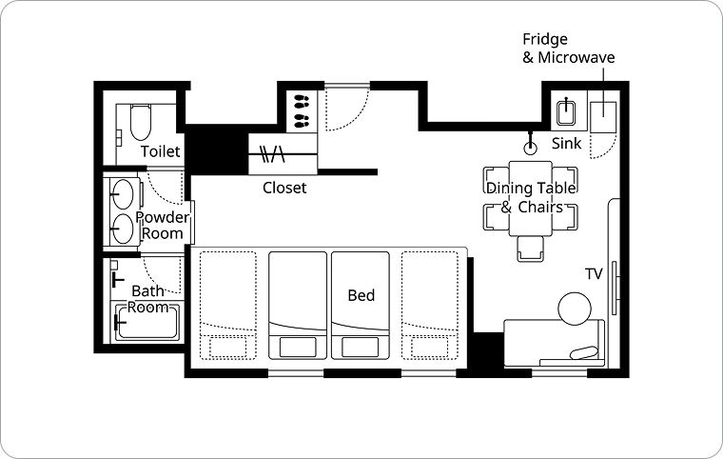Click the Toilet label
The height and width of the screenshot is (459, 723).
(160, 151)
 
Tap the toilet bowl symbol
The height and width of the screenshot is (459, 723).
(141, 123)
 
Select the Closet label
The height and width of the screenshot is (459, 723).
(284, 188)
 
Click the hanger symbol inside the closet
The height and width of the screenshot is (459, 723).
(272, 154)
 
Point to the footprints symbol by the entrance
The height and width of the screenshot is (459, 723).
(302, 110)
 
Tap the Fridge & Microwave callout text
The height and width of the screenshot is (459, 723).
(569, 48)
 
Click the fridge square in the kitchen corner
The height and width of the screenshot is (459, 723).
(603, 117)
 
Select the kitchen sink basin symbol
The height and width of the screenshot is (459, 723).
(566, 111)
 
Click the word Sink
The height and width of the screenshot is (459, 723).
(567, 143)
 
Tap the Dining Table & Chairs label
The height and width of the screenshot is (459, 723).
(531, 197)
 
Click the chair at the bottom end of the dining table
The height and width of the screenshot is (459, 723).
(530, 249)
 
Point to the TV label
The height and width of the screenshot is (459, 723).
(594, 274)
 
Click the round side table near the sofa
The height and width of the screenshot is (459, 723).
(575, 309)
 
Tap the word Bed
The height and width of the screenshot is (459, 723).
(361, 295)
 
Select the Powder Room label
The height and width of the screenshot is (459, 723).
(162, 225)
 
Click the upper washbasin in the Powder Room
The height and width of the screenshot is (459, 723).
(122, 194)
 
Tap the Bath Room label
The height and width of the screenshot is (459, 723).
(148, 299)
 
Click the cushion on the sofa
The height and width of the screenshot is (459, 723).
(584, 352)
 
